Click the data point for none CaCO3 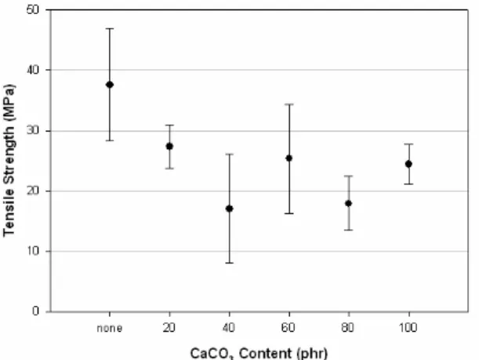point(110,85)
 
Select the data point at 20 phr point(169,147)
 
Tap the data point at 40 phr point(229,209)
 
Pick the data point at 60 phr point(289,158)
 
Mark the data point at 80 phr point(348,203)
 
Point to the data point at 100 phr point(408,164)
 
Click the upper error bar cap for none point(110,28)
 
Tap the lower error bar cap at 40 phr point(230,263)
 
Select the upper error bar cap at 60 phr point(289,104)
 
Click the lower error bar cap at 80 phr point(349,230)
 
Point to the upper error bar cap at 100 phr point(408,144)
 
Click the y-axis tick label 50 point(33,9)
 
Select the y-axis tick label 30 point(33,131)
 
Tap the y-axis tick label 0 point(36,311)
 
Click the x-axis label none point(110,328)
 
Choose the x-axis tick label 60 point(288,328)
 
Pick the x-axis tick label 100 point(408,328)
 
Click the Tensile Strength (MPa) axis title point(9,160)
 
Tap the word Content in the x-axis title point(265,354)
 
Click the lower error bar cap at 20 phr point(169,169)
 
